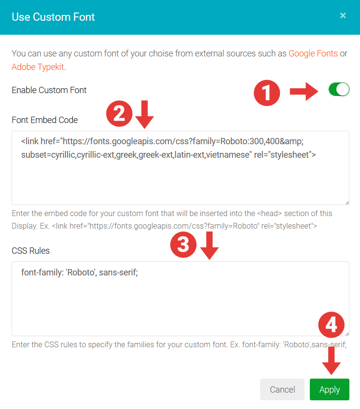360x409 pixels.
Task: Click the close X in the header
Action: point(343,15)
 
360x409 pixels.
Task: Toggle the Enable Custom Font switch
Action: point(339,89)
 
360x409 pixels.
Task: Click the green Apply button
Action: point(330,389)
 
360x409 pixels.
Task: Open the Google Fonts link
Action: point(313,54)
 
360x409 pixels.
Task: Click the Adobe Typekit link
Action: point(38,67)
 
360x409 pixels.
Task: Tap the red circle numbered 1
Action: point(267,93)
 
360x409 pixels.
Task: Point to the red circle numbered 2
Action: point(119,113)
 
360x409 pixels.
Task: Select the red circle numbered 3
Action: point(183,245)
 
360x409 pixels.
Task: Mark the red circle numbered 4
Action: point(331,325)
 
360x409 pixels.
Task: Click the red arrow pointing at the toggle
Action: point(304,91)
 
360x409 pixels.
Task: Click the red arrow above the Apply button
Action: point(331,361)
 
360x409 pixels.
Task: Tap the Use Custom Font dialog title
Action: point(53,17)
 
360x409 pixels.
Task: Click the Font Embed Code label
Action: point(45,120)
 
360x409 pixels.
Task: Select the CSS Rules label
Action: point(30,251)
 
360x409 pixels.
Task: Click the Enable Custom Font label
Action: point(49,90)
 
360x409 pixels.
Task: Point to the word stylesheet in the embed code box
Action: point(290,155)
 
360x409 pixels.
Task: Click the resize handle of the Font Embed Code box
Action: point(347,203)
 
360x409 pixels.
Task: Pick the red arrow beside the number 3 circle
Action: point(209,245)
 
